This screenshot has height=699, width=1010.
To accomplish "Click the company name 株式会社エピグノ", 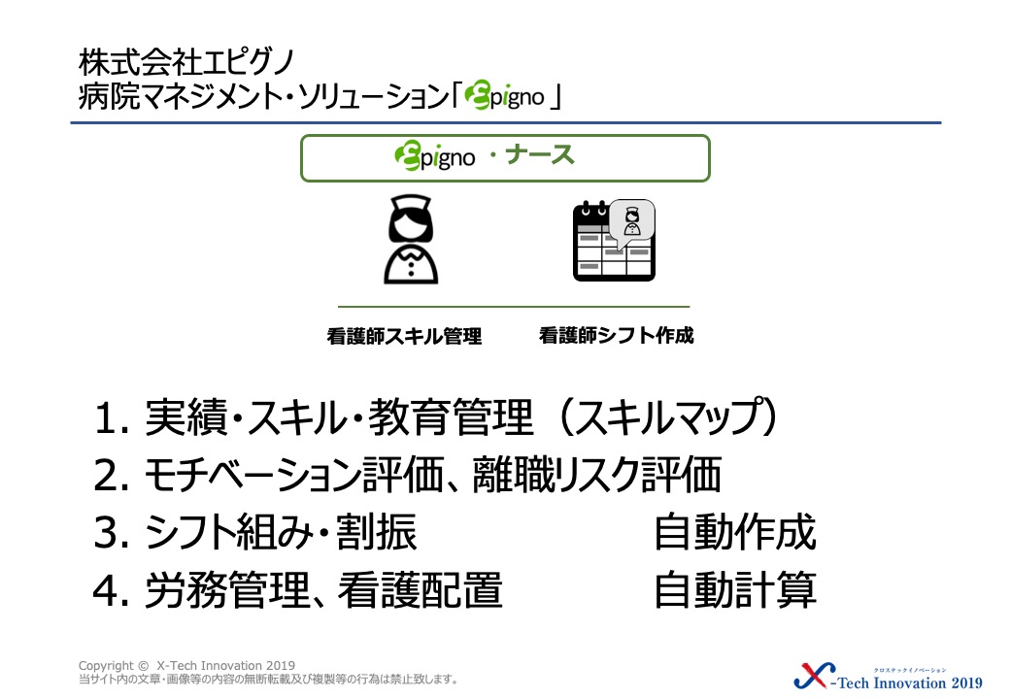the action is click(x=186, y=62).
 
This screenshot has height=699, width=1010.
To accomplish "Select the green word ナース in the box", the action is click(x=539, y=155).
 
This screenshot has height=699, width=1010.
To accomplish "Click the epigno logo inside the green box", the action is click(x=435, y=156).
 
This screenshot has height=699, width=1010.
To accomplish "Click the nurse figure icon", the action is click(x=411, y=240).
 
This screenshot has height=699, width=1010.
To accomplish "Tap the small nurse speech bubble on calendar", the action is click(x=632, y=222).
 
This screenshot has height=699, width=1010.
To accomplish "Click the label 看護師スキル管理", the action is click(x=404, y=336).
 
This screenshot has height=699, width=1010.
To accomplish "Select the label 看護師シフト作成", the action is click(x=617, y=335).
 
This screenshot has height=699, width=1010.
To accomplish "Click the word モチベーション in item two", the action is click(x=252, y=476).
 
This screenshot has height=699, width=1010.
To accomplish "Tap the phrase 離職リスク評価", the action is click(x=597, y=475).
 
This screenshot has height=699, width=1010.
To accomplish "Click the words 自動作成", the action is click(x=735, y=532).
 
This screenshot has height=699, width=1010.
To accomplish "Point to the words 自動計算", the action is click(x=735, y=589).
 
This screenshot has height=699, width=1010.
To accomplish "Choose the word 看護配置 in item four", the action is click(x=420, y=589).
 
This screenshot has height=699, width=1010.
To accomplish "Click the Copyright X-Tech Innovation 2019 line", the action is click(x=186, y=666).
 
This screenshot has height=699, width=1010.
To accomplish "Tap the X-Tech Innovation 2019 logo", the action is click(x=889, y=677).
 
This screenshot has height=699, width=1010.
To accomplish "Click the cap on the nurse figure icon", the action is click(x=411, y=205).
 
